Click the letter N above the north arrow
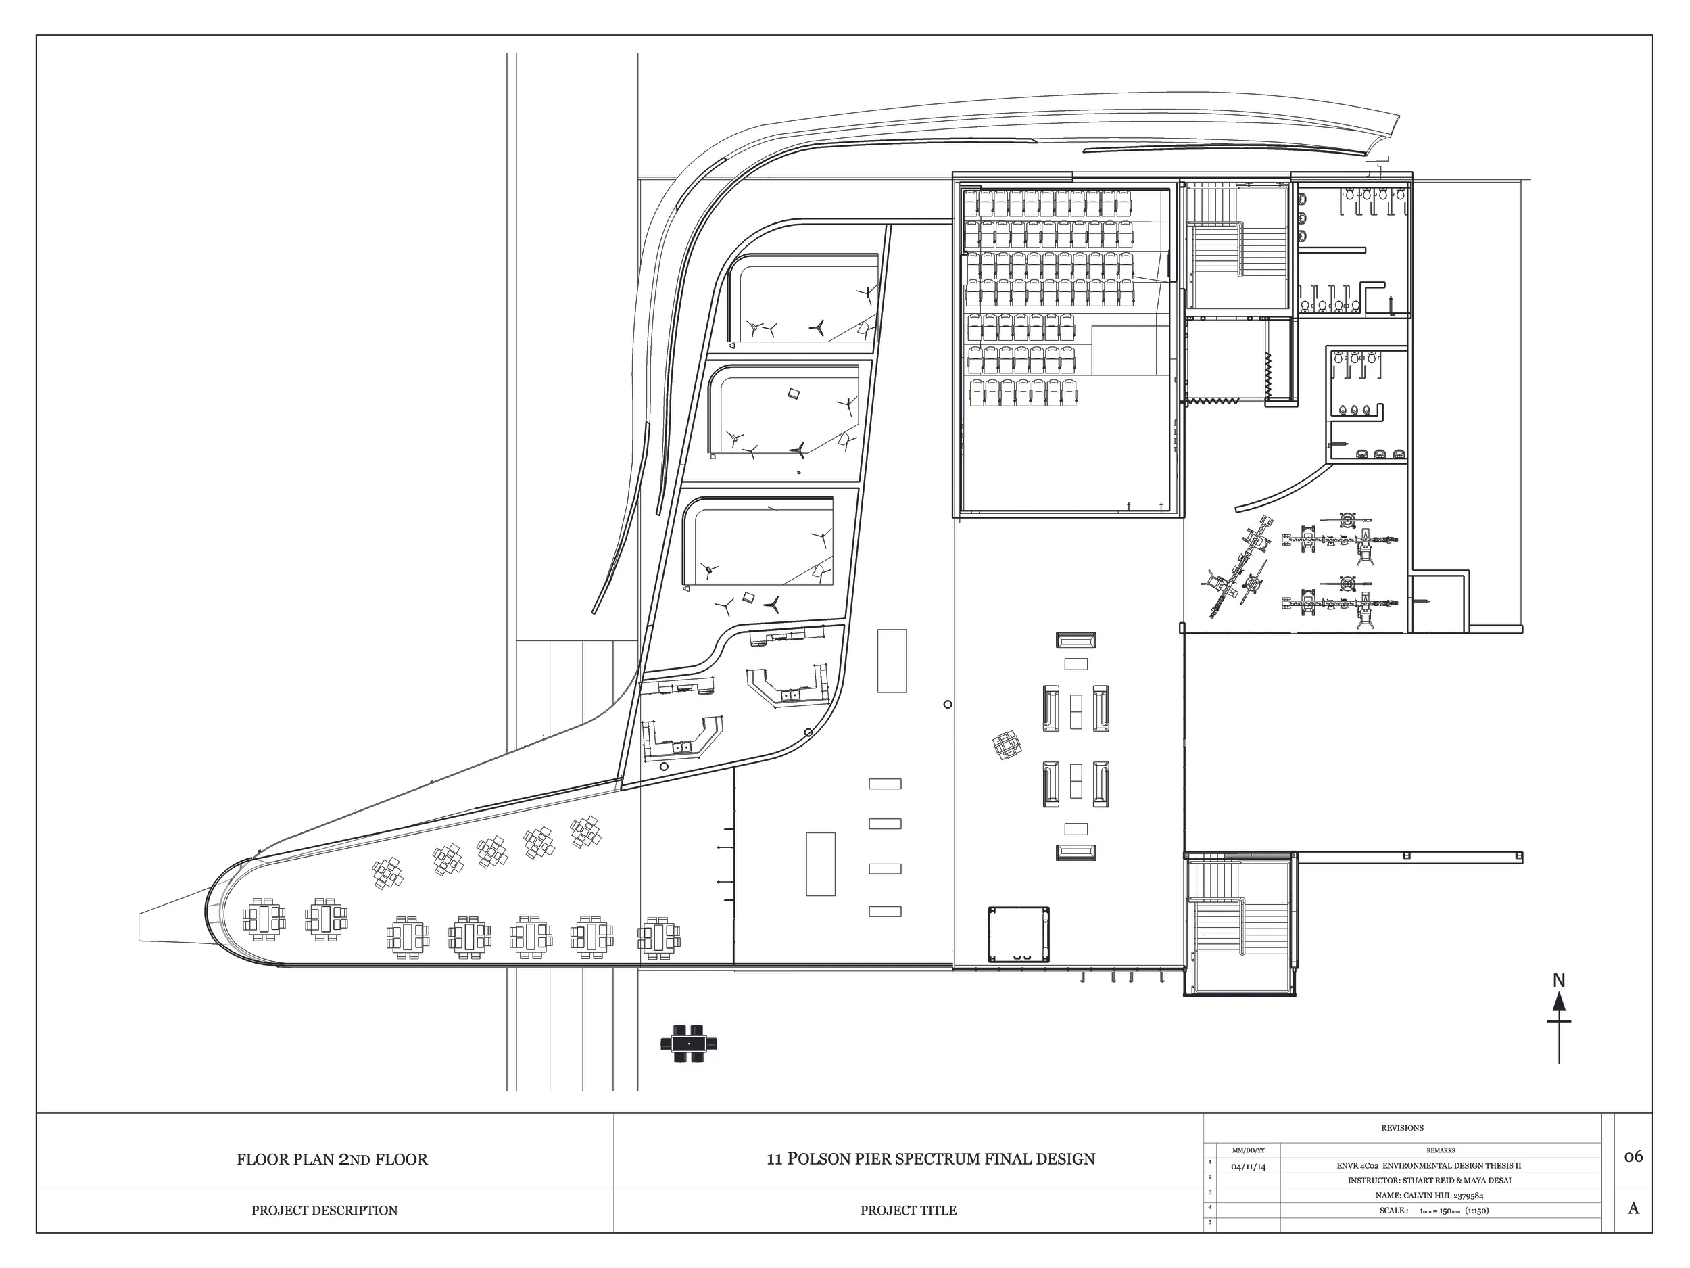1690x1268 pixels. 1560,980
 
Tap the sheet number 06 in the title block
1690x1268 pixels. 1633,1156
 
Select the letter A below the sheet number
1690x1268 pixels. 1633,1208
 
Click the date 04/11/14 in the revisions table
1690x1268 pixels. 1248,1167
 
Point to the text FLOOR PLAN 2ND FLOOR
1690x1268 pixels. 332,1160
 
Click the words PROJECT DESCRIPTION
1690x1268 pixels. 324,1211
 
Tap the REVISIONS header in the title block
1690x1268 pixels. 1402,1128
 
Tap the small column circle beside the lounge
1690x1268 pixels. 947,705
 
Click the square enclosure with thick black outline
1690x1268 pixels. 1019,934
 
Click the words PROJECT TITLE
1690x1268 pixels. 908,1211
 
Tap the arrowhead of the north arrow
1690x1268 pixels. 1559,1002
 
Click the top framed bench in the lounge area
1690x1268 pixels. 1076,640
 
